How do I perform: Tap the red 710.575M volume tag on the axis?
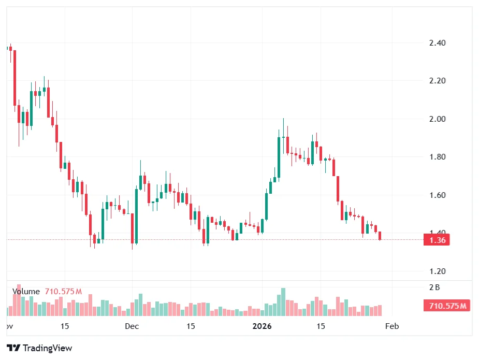pyautogui.click(x=447, y=306)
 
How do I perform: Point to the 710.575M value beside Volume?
pyautogui.click(x=63, y=292)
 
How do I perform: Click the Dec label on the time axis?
pyautogui.click(x=132, y=326)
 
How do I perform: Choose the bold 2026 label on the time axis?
pyautogui.click(x=262, y=326)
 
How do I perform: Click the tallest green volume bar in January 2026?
pyautogui.click(x=283, y=302)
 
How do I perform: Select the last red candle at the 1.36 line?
pyautogui.click(x=380, y=236)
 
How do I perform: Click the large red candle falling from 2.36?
pyautogui.click(x=14, y=78)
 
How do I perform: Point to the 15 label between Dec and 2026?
pyautogui.click(x=191, y=326)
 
